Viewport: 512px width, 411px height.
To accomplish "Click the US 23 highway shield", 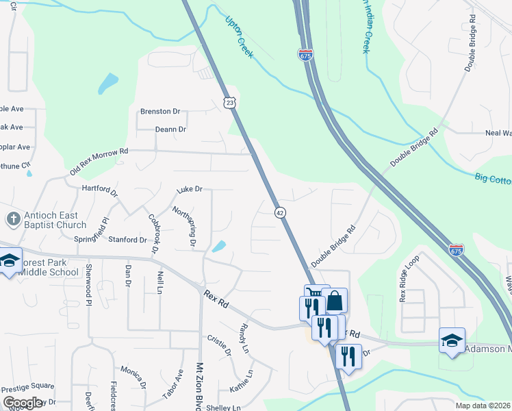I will [x=230, y=101].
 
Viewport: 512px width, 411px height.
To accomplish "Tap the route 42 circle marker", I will [x=280, y=212].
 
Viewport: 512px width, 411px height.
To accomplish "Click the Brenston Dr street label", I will [x=159, y=112].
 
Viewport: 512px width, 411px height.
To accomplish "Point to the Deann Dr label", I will [x=170, y=129].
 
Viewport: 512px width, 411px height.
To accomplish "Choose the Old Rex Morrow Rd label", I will [x=98, y=164].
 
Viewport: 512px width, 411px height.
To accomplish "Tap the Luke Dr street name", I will [x=190, y=189].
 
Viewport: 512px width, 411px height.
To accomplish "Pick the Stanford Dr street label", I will [x=128, y=240].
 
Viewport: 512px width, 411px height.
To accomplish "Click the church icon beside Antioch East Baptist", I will [x=12, y=219].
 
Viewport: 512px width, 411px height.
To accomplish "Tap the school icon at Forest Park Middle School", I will [x=10, y=262].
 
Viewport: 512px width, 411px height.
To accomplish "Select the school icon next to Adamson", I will [x=452, y=342].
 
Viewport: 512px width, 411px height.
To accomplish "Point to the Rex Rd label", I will [x=217, y=301].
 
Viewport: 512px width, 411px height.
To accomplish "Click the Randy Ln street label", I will [x=244, y=337].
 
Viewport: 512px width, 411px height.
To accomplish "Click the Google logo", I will [x=23, y=403].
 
